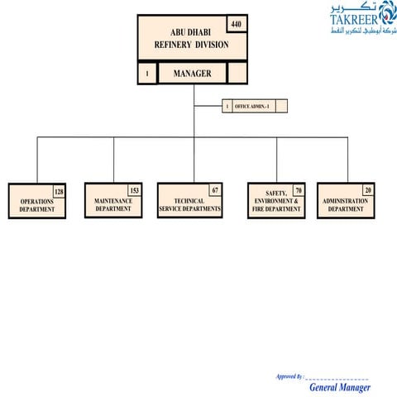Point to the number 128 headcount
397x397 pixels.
coord(59,192)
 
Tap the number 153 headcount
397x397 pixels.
coord(134,191)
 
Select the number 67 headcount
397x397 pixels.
coord(215,190)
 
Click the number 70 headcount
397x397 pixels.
coord(298,191)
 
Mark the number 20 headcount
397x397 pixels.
coord(367,191)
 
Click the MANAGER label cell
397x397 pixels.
coord(192,74)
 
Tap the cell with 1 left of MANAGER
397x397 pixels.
coord(147,74)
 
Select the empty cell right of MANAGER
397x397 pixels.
coord(237,74)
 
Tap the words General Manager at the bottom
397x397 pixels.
coord(340,387)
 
